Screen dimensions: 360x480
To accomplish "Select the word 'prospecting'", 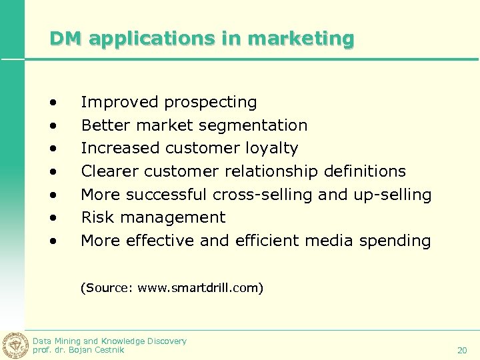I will pyautogui.click(x=211, y=103).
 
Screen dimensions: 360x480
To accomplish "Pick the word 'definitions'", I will pyautogui.click(x=365, y=171).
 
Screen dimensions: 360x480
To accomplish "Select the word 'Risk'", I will pyautogui.click(x=95, y=217).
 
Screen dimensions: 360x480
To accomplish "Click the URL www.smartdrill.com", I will pyautogui.click(x=199, y=289).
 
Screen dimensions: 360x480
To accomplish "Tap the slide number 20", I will pyautogui.click(x=462, y=350).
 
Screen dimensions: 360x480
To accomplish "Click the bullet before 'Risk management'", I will pyautogui.click(x=52, y=218).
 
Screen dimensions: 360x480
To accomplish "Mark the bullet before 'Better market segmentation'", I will pyautogui.click(x=52, y=126).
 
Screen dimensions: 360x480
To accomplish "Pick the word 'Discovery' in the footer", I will pyautogui.click(x=163, y=341).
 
